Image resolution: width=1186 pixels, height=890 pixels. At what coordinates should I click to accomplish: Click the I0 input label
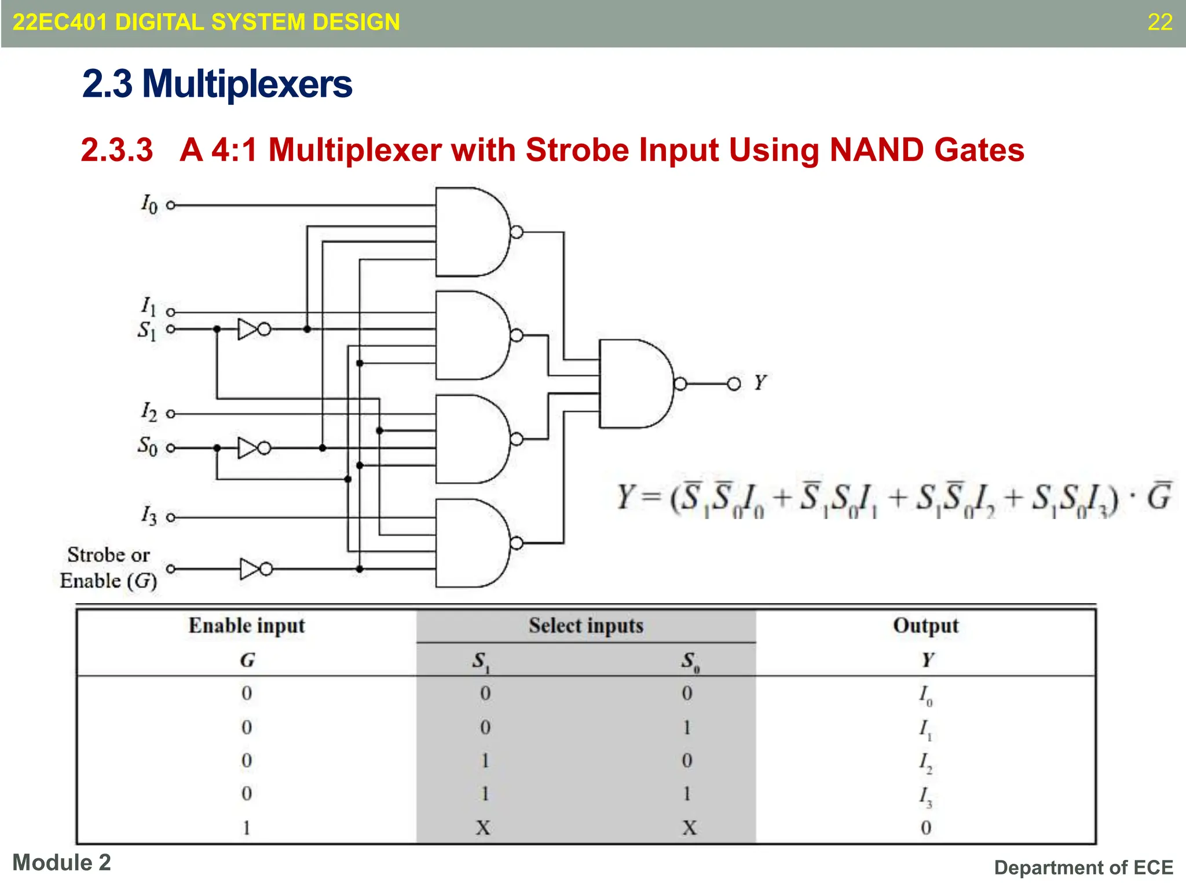click(149, 204)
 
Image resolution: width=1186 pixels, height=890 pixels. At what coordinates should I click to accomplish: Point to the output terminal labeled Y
click(734, 384)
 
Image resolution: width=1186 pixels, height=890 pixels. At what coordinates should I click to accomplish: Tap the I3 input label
click(149, 515)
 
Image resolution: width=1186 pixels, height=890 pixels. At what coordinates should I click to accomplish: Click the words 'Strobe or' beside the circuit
click(108, 555)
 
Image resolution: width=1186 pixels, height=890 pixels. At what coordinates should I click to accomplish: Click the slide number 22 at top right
click(1159, 22)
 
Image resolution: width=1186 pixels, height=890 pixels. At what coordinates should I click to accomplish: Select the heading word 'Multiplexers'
click(247, 84)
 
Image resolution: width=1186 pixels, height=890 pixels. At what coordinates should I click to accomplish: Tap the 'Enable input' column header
click(247, 626)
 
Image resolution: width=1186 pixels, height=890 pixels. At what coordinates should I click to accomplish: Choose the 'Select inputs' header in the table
click(585, 626)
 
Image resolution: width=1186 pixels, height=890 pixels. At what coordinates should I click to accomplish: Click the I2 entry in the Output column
click(925, 762)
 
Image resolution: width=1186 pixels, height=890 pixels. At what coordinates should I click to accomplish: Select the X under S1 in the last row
click(483, 827)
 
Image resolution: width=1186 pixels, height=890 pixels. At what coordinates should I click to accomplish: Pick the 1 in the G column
click(247, 827)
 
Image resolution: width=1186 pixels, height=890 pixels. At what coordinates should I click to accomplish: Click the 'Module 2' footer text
click(61, 863)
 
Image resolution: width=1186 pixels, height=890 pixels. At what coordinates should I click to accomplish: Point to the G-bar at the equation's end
click(1159, 497)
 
